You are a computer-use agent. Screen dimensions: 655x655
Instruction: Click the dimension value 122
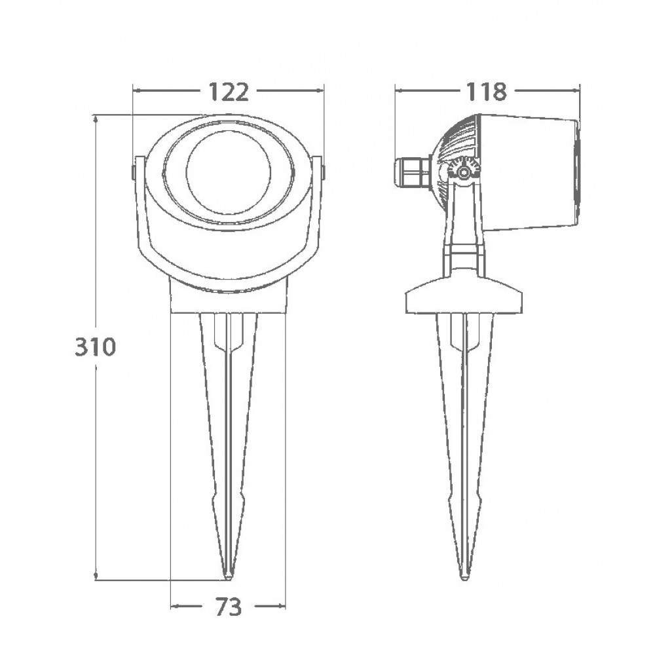pyautogui.click(x=228, y=92)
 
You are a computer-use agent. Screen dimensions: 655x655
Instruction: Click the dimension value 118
pyautogui.click(x=486, y=92)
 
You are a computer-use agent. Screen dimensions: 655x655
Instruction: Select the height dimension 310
pyautogui.click(x=95, y=346)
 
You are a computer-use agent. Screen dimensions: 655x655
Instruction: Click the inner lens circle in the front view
pyautogui.click(x=229, y=172)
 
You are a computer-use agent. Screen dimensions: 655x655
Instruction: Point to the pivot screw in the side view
pyautogui.click(x=462, y=171)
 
